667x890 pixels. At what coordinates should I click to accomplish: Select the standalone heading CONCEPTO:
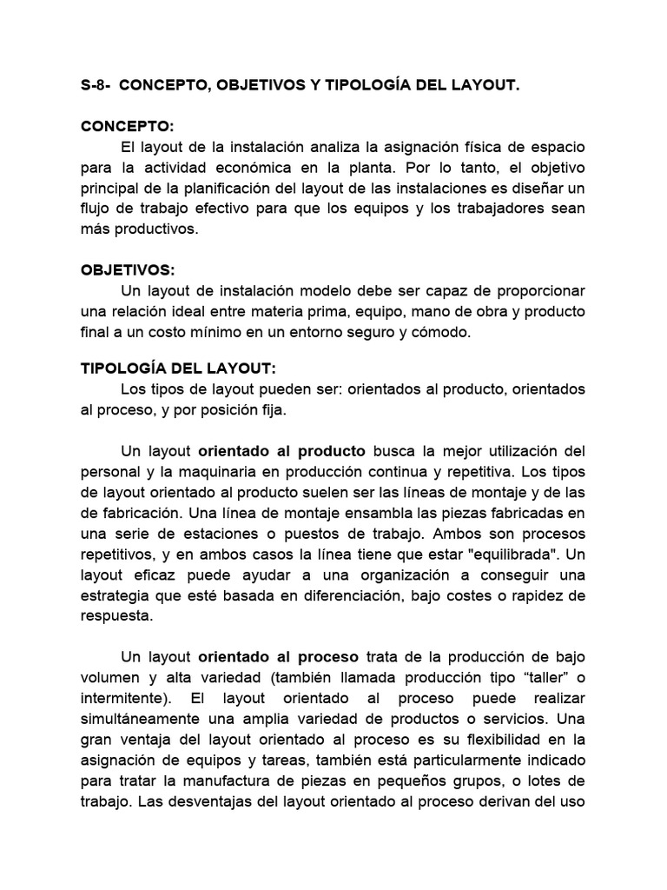coord(128,127)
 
